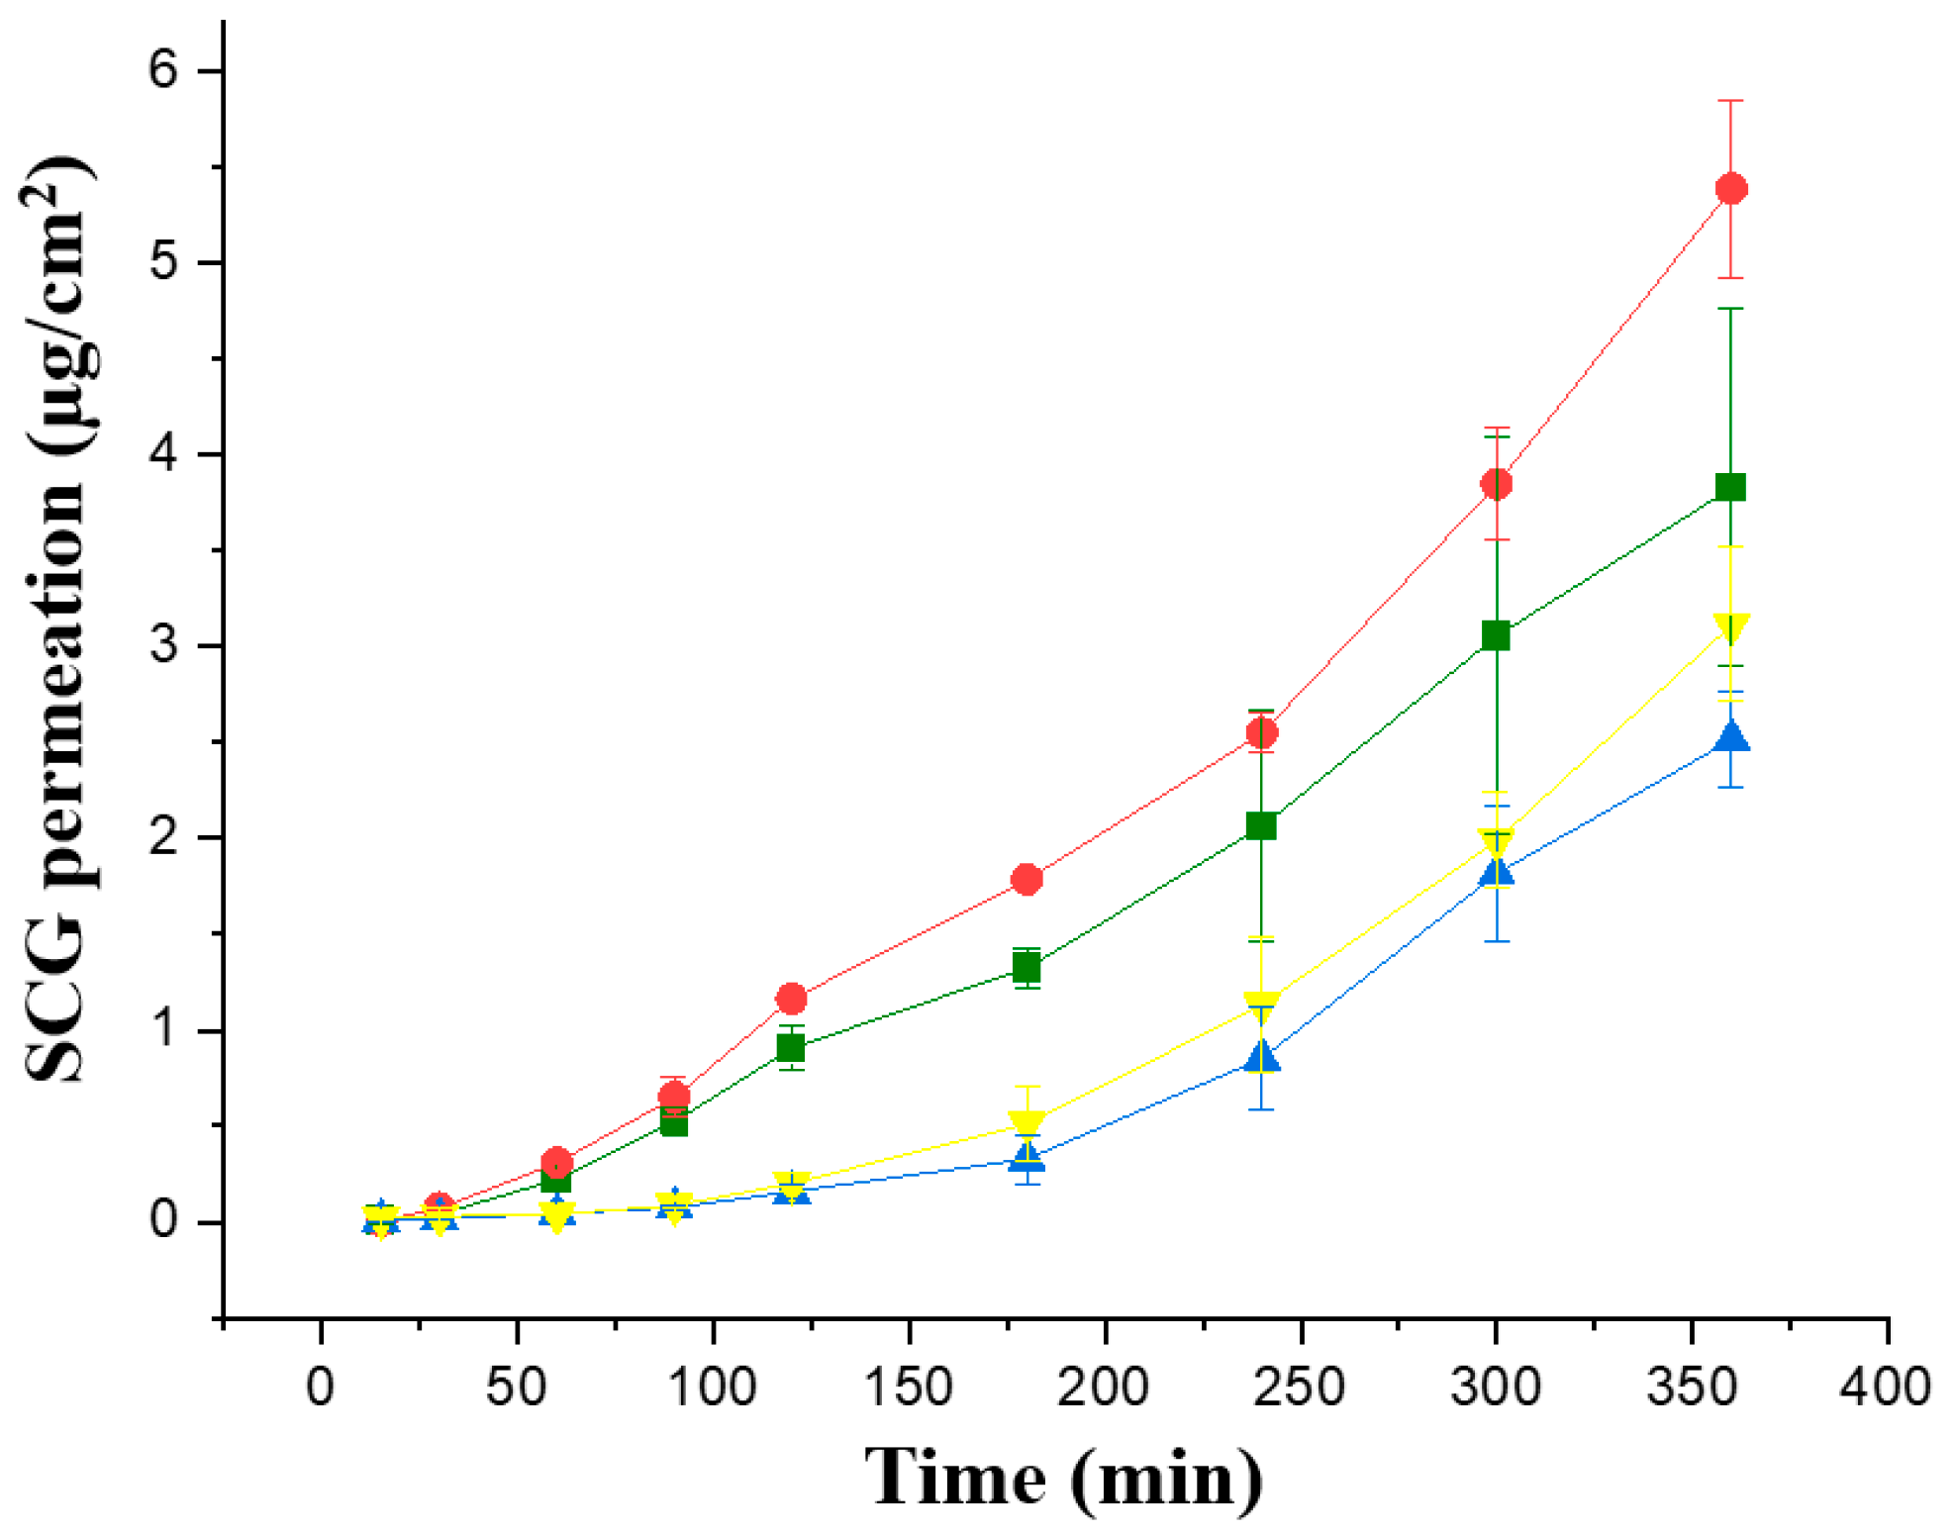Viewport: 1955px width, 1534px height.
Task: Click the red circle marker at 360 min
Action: click(1730, 188)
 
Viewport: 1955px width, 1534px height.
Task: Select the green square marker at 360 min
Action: click(1730, 487)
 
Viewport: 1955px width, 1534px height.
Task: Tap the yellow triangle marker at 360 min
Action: click(1730, 626)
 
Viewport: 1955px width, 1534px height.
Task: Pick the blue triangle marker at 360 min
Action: click(1730, 737)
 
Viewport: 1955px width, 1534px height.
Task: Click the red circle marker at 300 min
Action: click(1496, 484)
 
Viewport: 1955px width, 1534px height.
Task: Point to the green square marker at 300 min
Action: click(1496, 635)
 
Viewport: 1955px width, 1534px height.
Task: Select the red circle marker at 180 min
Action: click(1026, 879)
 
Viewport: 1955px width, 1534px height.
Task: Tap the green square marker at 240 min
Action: click(1261, 825)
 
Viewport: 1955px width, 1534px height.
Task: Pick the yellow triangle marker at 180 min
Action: click(1026, 1124)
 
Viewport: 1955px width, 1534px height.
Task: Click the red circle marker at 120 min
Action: click(791, 999)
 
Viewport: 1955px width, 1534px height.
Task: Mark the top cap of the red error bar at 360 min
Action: click(1730, 101)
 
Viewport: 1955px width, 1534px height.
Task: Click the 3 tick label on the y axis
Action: click(163, 645)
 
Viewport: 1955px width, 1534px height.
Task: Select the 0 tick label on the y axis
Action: click(163, 1221)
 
